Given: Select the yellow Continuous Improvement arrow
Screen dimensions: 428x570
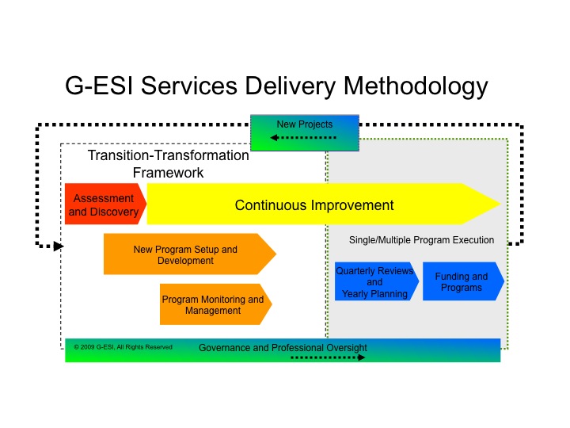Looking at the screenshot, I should tap(314, 205).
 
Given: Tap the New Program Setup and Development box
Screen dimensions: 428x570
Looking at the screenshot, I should tap(185, 254).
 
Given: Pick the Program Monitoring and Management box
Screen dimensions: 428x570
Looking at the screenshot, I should tap(213, 305).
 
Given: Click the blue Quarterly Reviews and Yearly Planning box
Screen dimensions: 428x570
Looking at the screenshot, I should tap(374, 282).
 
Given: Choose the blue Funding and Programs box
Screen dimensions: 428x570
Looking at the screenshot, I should tap(462, 281).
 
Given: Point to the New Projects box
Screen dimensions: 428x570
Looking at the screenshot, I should tap(305, 124).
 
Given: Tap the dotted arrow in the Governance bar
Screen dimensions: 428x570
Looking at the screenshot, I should tap(328, 357).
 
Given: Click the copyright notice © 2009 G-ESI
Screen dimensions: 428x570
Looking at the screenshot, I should tap(123, 347).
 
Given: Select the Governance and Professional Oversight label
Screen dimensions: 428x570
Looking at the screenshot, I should tap(283, 348).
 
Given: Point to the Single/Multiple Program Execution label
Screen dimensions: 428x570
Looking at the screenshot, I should tap(421, 240).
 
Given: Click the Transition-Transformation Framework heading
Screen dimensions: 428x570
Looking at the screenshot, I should tap(168, 164).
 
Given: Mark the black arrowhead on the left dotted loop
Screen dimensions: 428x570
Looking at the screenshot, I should tap(58, 246).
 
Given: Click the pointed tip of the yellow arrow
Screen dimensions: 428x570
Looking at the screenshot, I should tap(499, 204).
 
